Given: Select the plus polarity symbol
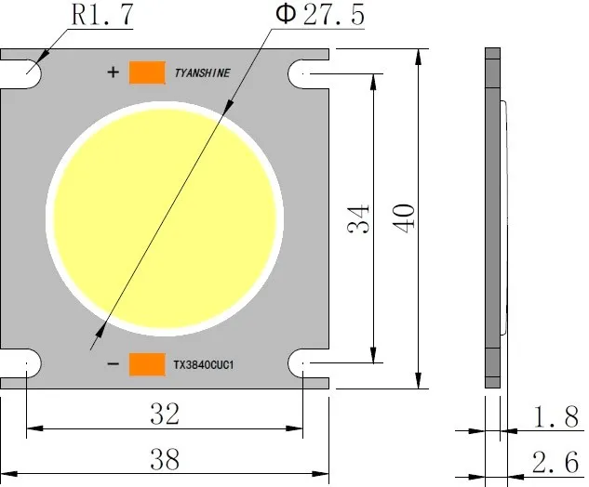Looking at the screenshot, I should (114, 72).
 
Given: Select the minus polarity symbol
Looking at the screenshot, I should (113, 364).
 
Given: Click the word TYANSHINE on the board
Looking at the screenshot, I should (202, 72).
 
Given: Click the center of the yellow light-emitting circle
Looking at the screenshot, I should (167, 217).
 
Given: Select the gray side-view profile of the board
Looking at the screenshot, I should (491, 217).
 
